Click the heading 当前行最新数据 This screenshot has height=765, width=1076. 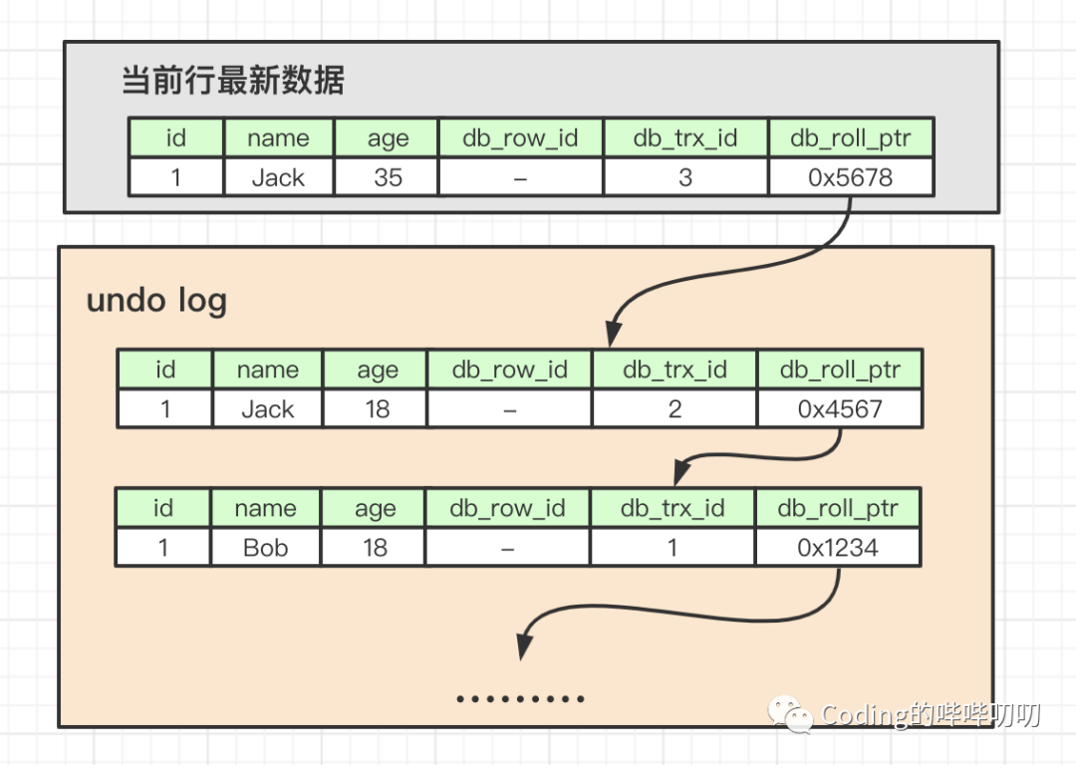[x=233, y=81]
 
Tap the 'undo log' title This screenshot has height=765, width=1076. [x=156, y=300]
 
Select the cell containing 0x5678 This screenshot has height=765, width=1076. [x=851, y=177]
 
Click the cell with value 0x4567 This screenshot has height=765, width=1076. [x=840, y=409]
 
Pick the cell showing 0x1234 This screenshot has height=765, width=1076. [x=838, y=547]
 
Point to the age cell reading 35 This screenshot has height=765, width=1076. [x=388, y=177]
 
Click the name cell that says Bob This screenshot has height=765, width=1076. [x=266, y=547]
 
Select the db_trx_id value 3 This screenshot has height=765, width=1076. [x=685, y=177]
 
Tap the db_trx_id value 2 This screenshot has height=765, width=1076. [x=674, y=409]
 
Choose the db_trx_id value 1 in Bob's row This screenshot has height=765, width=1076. [x=672, y=547]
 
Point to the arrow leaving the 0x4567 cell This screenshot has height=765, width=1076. [x=757, y=454]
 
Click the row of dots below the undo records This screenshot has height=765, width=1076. [x=520, y=699]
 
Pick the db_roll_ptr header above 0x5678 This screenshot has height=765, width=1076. [x=851, y=138]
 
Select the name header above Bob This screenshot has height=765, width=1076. [x=266, y=508]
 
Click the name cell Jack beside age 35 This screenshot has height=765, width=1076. [x=278, y=177]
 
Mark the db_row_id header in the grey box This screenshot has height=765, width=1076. [x=520, y=138]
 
